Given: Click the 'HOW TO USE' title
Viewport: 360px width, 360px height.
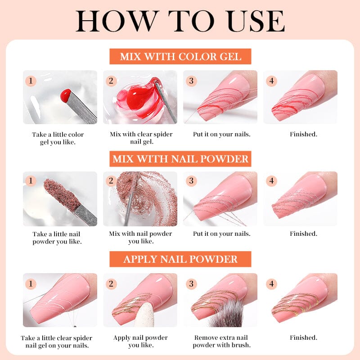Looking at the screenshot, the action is pyautogui.click(x=180, y=21).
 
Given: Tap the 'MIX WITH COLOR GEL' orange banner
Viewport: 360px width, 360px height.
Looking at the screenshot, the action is pyautogui.click(x=180, y=57).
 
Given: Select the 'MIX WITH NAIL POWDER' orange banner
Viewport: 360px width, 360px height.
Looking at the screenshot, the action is pyautogui.click(x=180, y=159).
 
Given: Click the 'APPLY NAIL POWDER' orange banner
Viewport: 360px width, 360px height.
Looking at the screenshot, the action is pyautogui.click(x=180, y=259).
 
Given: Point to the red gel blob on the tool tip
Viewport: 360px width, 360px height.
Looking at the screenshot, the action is pyautogui.click(x=65, y=95).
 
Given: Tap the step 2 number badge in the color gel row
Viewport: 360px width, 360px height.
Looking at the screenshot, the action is pyautogui.click(x=111, y=81).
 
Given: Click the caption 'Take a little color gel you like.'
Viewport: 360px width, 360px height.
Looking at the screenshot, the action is pyautogui.click(x=58, y=138).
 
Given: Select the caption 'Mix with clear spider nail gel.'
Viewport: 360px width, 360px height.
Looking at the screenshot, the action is pyautogui.click(x=141, y=138).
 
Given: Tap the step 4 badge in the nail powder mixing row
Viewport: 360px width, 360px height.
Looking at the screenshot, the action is pyautogui.click(x=271, y=181).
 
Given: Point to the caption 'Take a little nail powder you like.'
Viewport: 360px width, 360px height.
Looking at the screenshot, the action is pyautogui.click(x=57, y=238).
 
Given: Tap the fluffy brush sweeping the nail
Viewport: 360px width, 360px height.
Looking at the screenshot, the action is pyautogui.click(x=225, y=313).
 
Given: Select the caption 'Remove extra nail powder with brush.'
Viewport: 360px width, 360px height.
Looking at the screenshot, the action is pyautogui.click(x=221, y=341).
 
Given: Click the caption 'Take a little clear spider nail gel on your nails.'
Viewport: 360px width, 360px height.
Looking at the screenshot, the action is pyautogui.click(x=57, y=342).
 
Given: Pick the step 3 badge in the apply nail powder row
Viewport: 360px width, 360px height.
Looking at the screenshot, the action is pyautogui.click(x=191, y=284).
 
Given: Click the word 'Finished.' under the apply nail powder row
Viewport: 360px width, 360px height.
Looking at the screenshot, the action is pyautogui.click(x=303, y=337).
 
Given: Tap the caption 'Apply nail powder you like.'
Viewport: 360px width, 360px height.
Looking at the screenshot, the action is pyautogui.click(x=140, y=341).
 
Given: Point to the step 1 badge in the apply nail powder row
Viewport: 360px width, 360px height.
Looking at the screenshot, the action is pyautogui.click(x=31, y=284).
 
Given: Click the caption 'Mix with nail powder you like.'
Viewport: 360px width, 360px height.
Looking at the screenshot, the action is pyautogui.click(x=140, y=238).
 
